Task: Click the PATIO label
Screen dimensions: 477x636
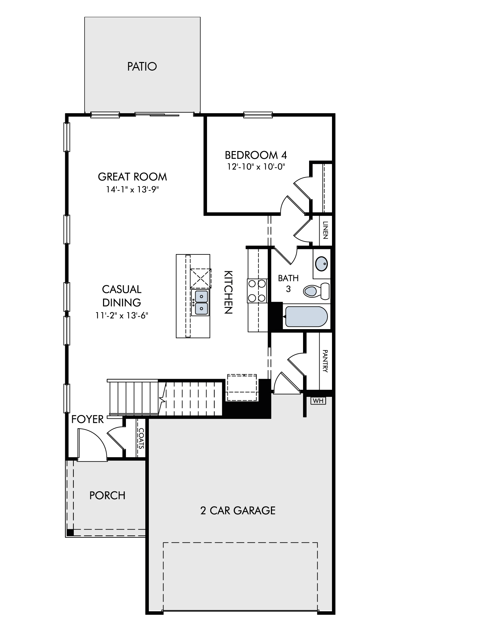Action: (x=142, y=66)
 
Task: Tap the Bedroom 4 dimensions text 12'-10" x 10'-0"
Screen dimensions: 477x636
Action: (x=256, y=167)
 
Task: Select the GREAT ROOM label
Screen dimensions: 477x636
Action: (x=132, y=176)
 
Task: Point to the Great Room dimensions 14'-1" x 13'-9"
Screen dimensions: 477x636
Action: (x=132, y=190)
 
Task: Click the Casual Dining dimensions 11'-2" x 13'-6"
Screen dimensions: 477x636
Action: (x=122, y=315)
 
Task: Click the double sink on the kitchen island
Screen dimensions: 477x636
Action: (x=200, y=302)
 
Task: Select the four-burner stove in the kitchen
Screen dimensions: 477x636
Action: (x=257, y=291)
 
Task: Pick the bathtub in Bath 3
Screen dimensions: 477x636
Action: (x=306, y=316)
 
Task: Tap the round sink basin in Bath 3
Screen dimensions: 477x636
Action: (x=321, y=264)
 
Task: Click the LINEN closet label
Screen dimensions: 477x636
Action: (x=325, y=230)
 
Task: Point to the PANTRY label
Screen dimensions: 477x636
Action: (x=325, y=361)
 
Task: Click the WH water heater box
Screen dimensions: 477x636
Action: (x=318, y=401)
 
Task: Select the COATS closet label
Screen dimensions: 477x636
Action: (x=141, y=438)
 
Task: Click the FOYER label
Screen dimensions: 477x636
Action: (x=87, y=419)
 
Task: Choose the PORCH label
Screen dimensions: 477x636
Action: (x=107, y=495)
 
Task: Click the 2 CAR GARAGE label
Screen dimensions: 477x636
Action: (x=238, y=510)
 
